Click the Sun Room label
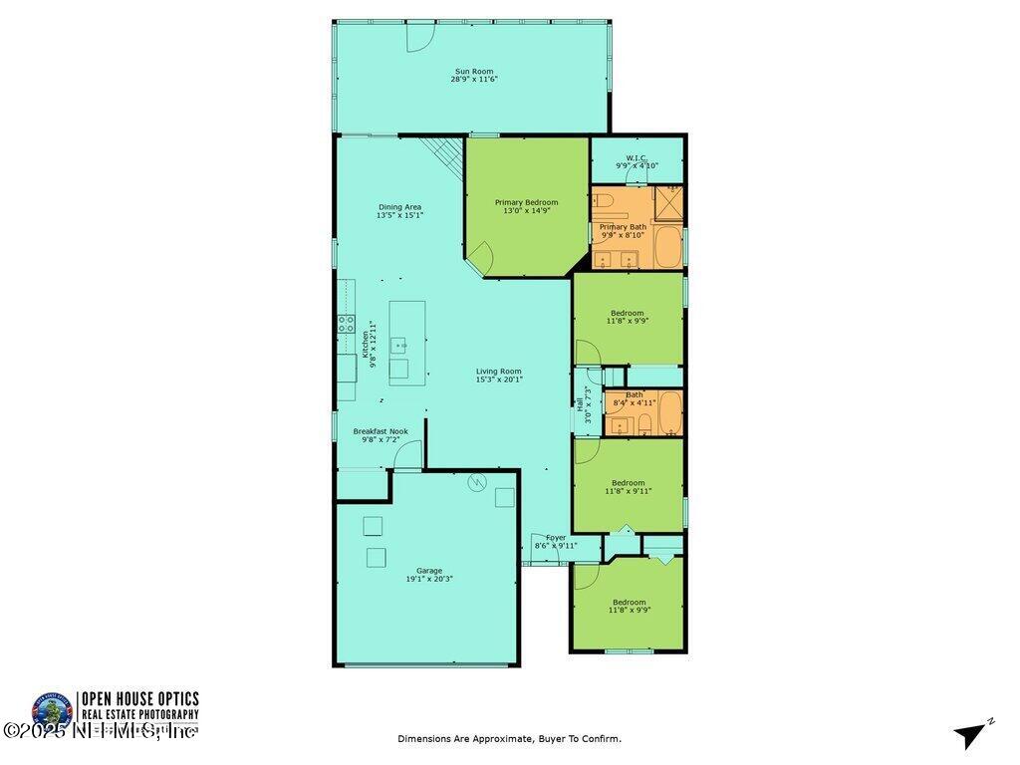473,70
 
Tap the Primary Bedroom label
526,202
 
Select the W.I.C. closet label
637,157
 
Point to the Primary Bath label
623,227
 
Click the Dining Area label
398,207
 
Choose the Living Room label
498,372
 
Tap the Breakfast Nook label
380,431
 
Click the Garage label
429,571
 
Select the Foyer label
556,538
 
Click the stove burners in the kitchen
346,323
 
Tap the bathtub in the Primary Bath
667,246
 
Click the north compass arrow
971,734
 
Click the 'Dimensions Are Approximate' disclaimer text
509,738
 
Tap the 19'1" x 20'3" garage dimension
429,579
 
